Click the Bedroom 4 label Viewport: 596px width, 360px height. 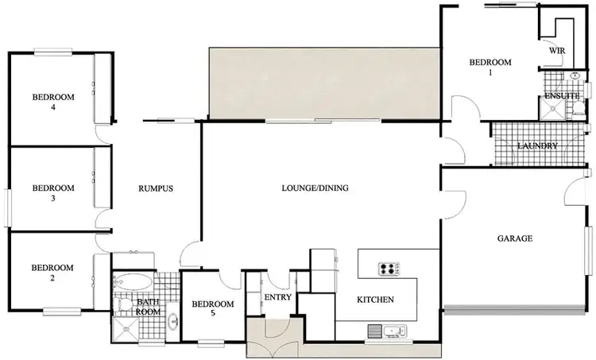point(53,102)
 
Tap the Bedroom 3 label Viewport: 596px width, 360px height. point(53,193)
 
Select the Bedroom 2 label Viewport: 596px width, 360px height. point(52,273)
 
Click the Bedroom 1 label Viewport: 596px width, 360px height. point(490,67)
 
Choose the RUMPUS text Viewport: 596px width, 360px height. point(155,188)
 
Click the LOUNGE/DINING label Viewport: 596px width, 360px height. point(315,188)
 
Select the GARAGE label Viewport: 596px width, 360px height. point(515,238)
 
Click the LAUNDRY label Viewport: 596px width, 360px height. point(538,146)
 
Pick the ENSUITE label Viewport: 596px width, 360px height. point(561,96)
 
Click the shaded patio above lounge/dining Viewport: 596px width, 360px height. point(323,83)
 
